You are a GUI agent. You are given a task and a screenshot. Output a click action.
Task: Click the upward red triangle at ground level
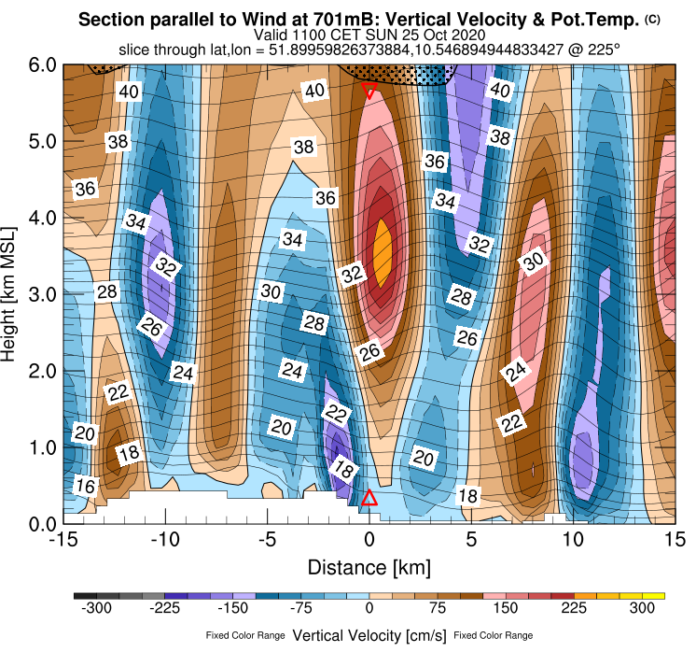click(369, 498)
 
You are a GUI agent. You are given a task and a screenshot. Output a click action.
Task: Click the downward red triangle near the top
click(369, 91)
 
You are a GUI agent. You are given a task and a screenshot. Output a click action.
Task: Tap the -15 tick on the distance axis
click(63, 540)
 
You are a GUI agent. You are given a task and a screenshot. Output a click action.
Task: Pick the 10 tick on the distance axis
click(572, 540)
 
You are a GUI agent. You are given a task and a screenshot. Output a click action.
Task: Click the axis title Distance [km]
click(369, 567)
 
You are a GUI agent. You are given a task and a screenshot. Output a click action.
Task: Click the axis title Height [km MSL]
click(13, 294)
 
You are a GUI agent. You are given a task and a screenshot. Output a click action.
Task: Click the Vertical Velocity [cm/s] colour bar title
click(369, 635)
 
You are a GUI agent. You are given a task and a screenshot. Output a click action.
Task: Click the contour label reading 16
click(86, 486)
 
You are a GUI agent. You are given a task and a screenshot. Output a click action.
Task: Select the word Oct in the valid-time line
click(432, 35)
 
